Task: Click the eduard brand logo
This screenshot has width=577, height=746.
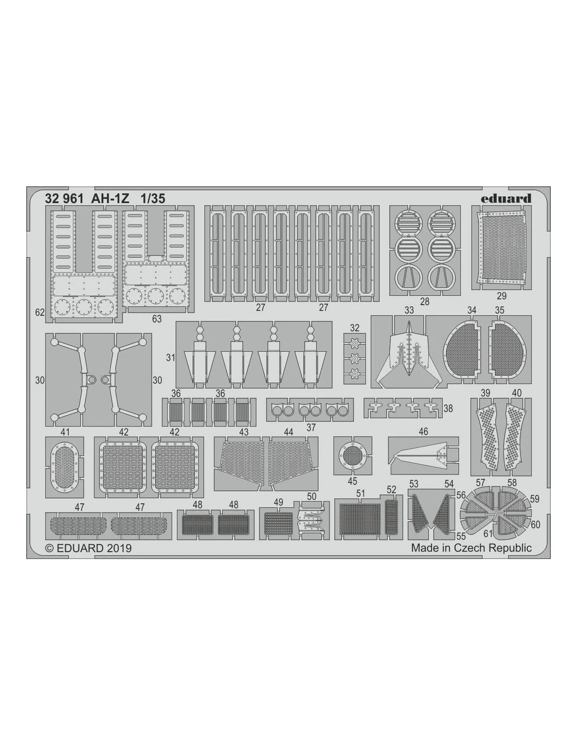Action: pos(506,198)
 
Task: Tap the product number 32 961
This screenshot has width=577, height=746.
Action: pos(64,199)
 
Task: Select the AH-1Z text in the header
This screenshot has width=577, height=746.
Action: pos(110,199)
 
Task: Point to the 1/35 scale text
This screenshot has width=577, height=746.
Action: pos(153,199)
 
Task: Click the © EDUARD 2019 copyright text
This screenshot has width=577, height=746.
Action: pos(88,548)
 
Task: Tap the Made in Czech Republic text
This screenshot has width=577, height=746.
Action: pos(471,548)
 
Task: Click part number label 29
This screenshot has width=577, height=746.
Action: pos(501,295)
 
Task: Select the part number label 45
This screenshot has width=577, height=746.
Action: pos(352,481)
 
